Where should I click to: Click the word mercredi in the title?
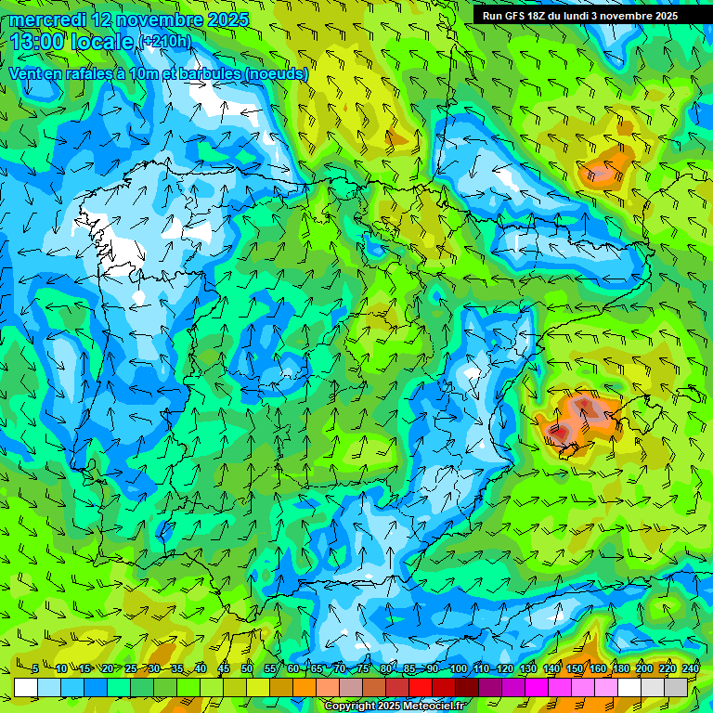pyautogui.click(x=49, y=19)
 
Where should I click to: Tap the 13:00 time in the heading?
pyautogui.click(x=38, y=42)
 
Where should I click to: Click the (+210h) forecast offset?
pyautogui.click(x=164, y=41)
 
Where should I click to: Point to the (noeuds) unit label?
pyautogui.click(x=274, y=73)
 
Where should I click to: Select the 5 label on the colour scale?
pyautogui.click(x=35, y=668)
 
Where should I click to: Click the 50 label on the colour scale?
pyautogui.click(x=246, y=668)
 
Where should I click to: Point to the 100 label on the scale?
pyautogui.click(x=459, y=668)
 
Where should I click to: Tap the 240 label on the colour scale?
pyautogui.click(x=691, y=668)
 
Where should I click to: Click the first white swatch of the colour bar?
pyautogui.click(x=25, y=687)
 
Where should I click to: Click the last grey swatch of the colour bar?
pyautogui.click(x=676, y=687)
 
